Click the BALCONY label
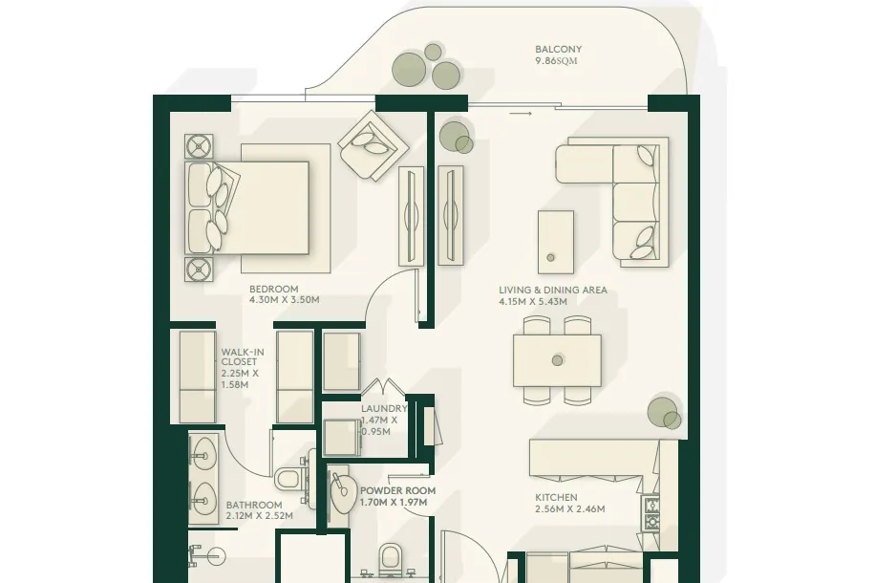pyautogui.click(x=558, y=49)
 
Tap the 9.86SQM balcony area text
pyautogui.click(x=556, y=61)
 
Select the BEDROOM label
pyautogui.click(x=273, y=290)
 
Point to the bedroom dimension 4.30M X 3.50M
pyautogui.click(x=284, y=300)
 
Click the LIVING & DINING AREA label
pyautogui.click(x=552, y=291)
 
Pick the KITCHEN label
pyautogui.click(x=556, y=498)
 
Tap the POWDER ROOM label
pyautogui.click(x=397, y=491)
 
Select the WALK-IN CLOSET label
pyautogui.click(x=243, y=356)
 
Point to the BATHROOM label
pyautogui.click(x=254, y=505)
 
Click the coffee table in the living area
pyautogui.click(x=556, y=242)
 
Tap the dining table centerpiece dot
pyautogui.click(x=557, y=360)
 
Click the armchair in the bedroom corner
pyautogui.click(x=373, y=145)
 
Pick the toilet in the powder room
pyautogui.click(x=390, y=559)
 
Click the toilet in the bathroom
pyautogui.click(x=289, y=479)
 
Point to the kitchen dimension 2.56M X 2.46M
pyautogui.click(x=569, y=508)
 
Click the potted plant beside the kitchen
pyautogui.click(x=665, y=413)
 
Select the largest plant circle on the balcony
pyautogui.click(x=409, y=70)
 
